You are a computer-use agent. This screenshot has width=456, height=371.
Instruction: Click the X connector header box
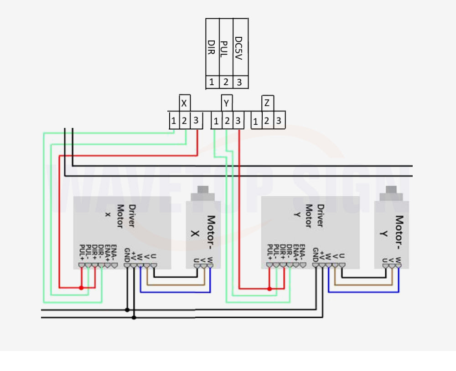click(x=184, y=103)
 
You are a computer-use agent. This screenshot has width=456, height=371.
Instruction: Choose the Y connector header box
click(x=227, y=103)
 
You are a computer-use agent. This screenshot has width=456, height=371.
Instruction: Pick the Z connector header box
click(x=267, y=103)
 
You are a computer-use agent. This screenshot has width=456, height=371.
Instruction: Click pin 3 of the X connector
click(x=196, y=121)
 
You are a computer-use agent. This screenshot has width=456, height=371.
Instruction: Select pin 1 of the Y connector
click(x=215, y=122)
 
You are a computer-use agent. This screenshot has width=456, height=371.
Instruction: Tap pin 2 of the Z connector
click(x=267, y=122)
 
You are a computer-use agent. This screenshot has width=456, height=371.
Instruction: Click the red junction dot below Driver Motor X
click(x=81, y=288)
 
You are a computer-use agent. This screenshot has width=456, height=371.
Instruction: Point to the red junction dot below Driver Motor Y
click(x=269, y=289)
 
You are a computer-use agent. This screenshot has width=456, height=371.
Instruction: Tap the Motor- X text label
click(x=203, y=233)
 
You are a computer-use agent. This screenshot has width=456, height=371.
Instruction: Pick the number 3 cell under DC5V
click(x=240, y=82)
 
